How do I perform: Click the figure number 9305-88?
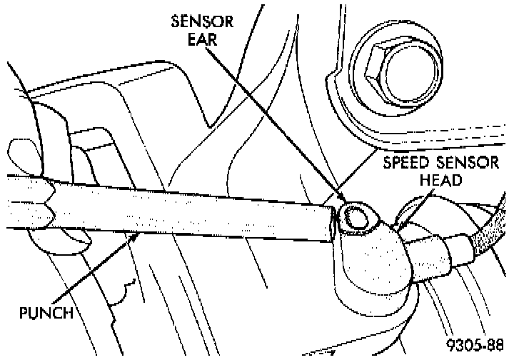[x=475, y=346]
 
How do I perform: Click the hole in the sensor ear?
[x=353, y=216]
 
